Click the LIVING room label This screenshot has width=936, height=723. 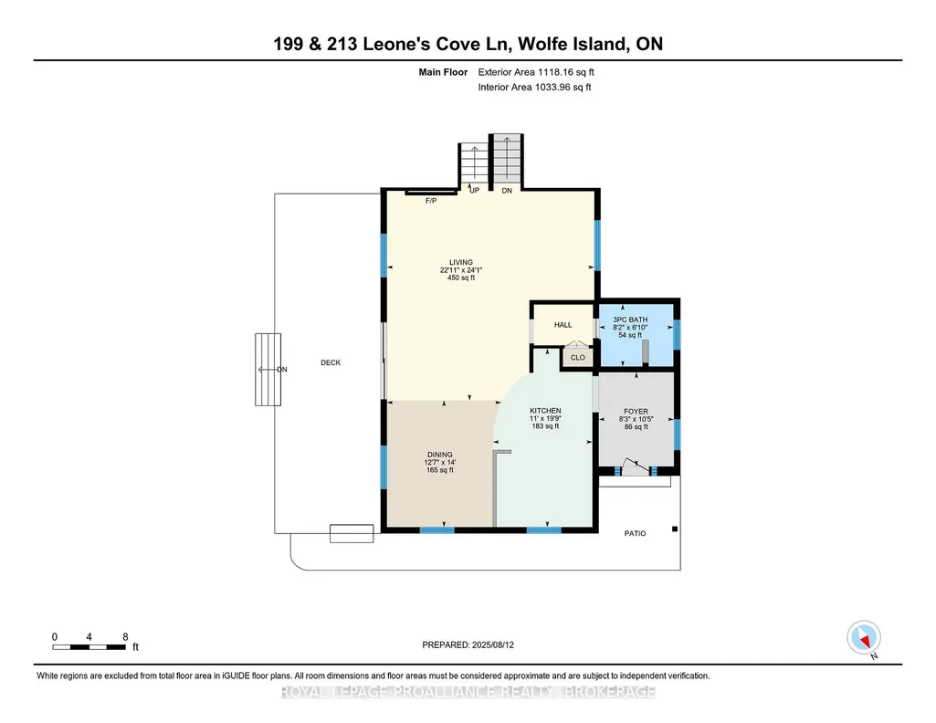(x=461, y=263)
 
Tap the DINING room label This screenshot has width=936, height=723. (x=440, y=455)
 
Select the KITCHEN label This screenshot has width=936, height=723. (x=545, y=411)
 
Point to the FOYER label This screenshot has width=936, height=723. (x=636, y=412)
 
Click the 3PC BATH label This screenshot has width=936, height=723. (x=630, y=320)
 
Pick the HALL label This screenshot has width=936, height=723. (x=563, y=325)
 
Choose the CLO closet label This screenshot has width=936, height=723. (x=578, y=358)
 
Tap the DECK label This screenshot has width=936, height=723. (x=331, y=362)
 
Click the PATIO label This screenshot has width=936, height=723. (x=636, y=533)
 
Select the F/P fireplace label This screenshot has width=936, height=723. (x=431, y=201)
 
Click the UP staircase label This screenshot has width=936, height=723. (x=475, y=191)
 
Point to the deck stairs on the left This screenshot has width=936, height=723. (x=268, y=370)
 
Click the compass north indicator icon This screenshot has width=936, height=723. (x=864, y=638)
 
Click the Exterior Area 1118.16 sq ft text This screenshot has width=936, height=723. (x=536, y=72)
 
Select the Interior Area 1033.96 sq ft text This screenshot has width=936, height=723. (x=535, y=87)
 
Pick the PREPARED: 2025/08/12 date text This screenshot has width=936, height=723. (x=468, y=644)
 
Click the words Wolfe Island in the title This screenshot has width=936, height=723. (x=570, y=44)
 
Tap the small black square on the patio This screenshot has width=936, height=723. (x=675, y=529)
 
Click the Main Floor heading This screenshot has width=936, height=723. (x=443, y=72)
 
